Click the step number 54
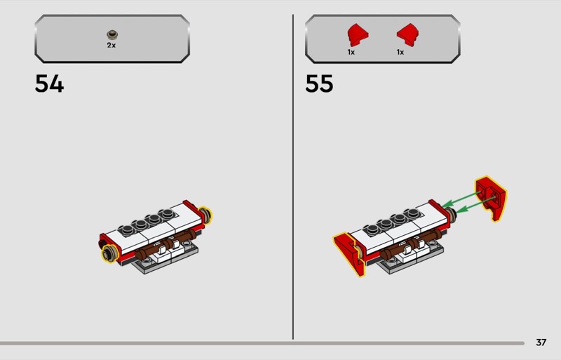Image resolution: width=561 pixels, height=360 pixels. click(x=49, y=84)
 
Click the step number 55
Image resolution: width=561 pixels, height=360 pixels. click(x=319, y=84)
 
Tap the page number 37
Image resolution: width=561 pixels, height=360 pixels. click(x=541, y=342)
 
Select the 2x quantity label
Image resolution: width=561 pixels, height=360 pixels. click(x=111, y=45)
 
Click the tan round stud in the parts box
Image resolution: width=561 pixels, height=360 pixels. click(x=112, y=35)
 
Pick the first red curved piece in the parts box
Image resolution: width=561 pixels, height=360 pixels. click(x=358, y=35)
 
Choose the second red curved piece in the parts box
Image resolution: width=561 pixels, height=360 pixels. click(x=408, y=35)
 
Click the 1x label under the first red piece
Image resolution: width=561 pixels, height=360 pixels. click(x=351, y=53)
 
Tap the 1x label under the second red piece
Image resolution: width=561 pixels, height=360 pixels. click(x=400, y=53)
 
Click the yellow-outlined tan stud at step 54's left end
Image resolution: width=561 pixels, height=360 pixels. click(x=109, y=253)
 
